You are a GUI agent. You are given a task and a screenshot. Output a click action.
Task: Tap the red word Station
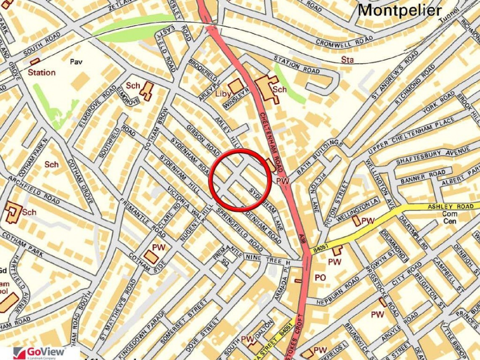tap(42, 72)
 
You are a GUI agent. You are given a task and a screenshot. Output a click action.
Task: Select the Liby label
tap(223, 93)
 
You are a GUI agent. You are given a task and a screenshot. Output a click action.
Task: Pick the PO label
tap(320, 277)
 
